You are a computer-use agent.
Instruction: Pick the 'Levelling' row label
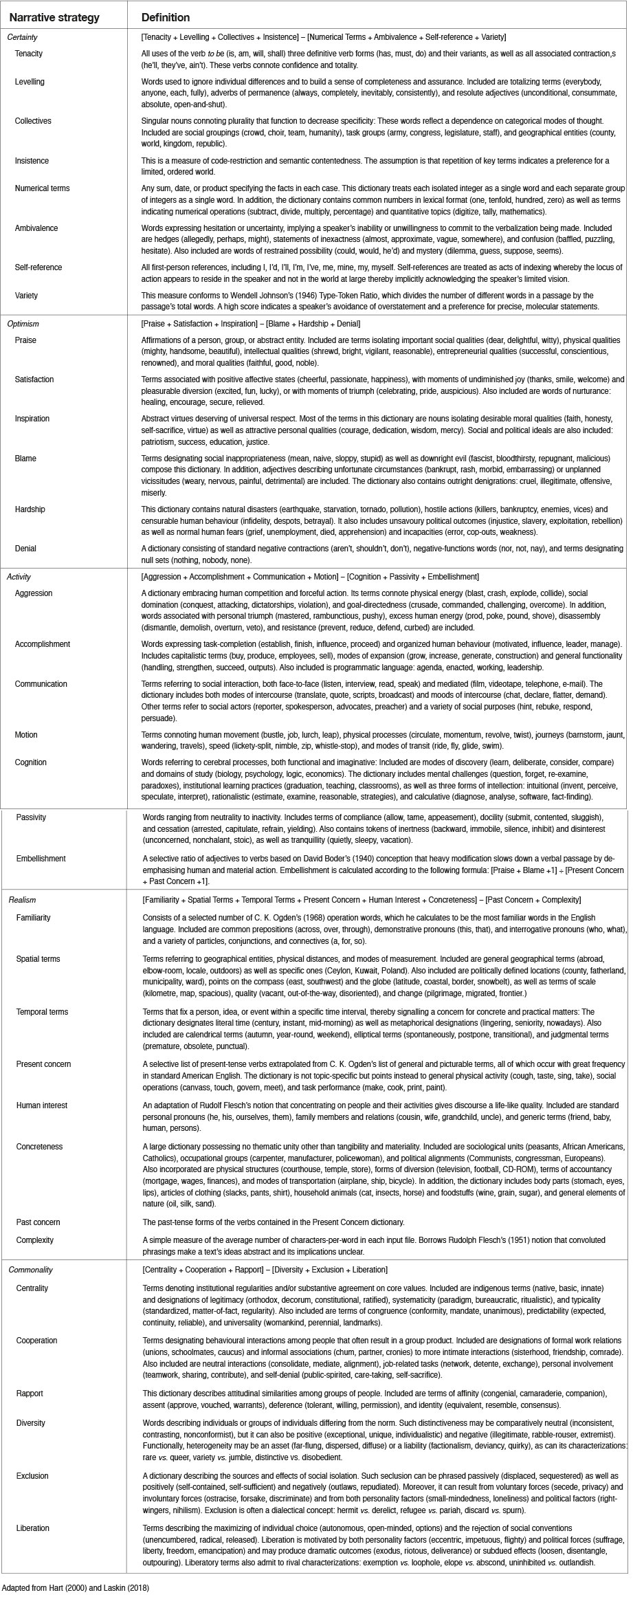pos(30,82)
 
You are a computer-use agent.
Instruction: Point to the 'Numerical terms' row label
pos(42,188)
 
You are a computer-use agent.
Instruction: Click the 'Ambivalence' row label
pos(36,228)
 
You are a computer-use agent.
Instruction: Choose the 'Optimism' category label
pos(23,323)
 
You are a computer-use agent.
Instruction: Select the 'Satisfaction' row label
pos(34,379)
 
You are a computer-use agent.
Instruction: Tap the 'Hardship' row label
pos(31,509)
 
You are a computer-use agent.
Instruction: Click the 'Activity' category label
pos(20,577)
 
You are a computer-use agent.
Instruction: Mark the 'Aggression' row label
pos(34,593)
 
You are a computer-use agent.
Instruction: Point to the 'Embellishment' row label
pos(41,859)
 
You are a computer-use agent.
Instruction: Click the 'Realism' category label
pos(22,900)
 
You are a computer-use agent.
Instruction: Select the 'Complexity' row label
pos(35,1240)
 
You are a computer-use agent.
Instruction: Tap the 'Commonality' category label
pos(31,1270)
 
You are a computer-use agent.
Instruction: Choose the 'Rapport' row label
pos(30,1394)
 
